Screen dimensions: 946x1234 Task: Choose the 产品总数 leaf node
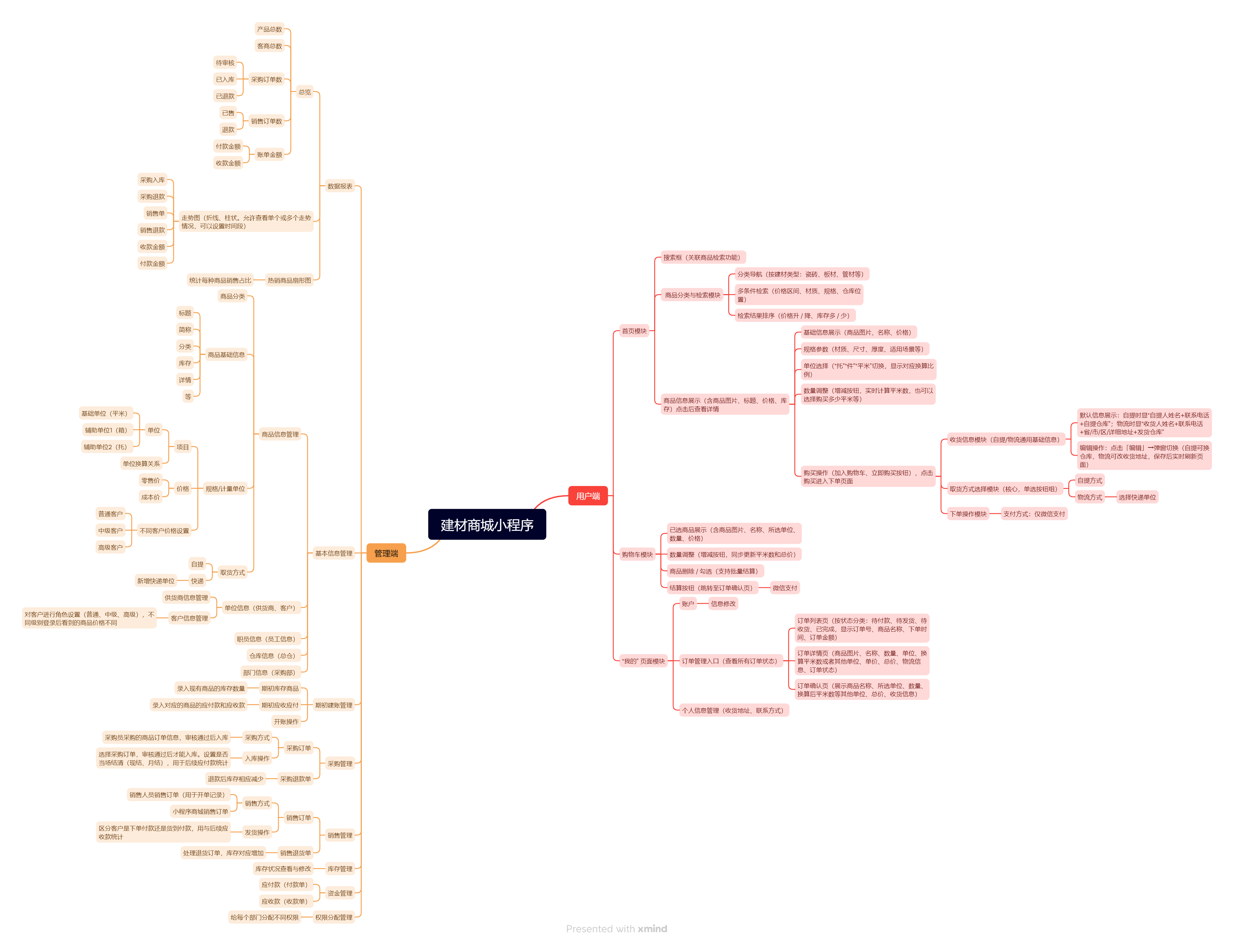[269, 29]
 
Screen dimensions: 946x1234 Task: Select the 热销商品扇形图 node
[289, 280]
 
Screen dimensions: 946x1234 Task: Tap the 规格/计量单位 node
[225, 489]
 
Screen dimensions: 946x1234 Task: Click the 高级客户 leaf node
[110, 547]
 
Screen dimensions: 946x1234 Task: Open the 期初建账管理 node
[333, 705]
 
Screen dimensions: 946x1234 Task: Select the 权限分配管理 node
[333, 917]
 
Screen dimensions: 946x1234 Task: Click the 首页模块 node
[634, 331]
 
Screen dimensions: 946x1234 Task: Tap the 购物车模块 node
[637, 555]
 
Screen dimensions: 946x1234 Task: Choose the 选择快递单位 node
[1136, 497]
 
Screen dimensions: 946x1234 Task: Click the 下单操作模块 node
[968, 514]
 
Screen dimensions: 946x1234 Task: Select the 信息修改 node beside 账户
[723, 604]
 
